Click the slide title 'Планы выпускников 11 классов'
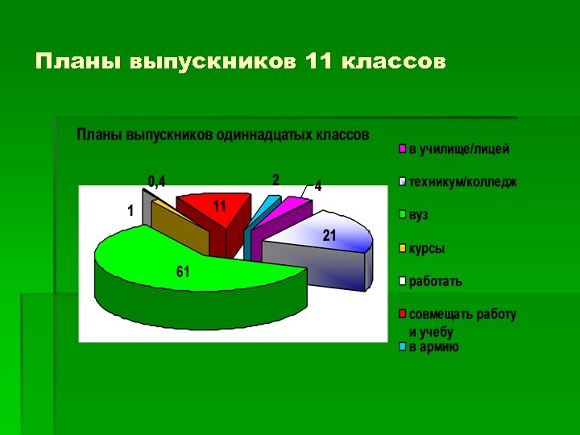click(239, 62)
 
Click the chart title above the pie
click(223, 135)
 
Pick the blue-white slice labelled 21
click(322, 238)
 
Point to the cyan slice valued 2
click(263, 205)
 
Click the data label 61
click(184, 273)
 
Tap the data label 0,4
click(156, 181)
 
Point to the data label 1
click(130, 211)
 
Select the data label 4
click(318, 186)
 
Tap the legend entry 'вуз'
click(418, 216)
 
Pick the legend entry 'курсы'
click(426, 249)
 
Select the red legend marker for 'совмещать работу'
click(403, 314)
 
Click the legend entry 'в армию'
click(433, 347)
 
